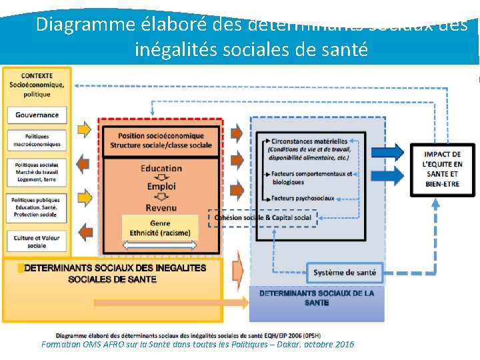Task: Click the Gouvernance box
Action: pos(37,115)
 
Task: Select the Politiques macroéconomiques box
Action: pos(37,140)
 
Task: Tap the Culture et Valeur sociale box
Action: pos(37,241)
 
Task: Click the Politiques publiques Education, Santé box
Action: pos(37,207)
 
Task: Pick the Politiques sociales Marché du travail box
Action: pos(37,172)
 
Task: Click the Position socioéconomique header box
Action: pos(161,141)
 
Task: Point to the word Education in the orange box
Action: pos(161,169)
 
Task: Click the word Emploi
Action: pos(161,187)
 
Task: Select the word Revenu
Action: pos(161,207)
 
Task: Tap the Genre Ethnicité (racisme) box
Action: pos(160,228)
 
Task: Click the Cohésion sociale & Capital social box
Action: pos(263,217)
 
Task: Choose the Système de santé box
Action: pos(345,272)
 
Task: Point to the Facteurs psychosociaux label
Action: pos(303,198)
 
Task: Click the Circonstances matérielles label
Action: pos(309,141)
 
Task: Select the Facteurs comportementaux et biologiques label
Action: pos(311,177)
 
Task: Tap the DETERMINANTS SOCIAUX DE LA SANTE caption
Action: pos(317,298)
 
